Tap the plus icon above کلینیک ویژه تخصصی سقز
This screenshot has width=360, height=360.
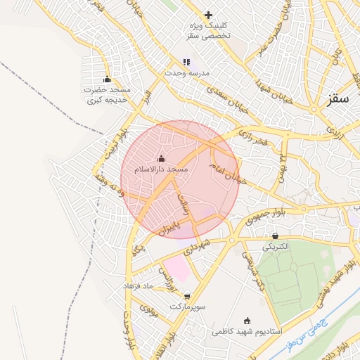click(x=208, y=15)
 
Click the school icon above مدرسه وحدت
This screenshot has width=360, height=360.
click(x=186, y=62)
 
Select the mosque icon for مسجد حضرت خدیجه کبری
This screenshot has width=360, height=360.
click(x=107, y=79)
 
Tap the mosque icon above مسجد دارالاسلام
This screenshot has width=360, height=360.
click(x=161, y=159)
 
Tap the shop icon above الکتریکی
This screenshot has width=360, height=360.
click(x=274, y=236)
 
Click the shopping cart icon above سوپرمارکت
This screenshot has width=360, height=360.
click(x=186, y=297)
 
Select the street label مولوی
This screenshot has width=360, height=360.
click(x=148, y=307)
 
